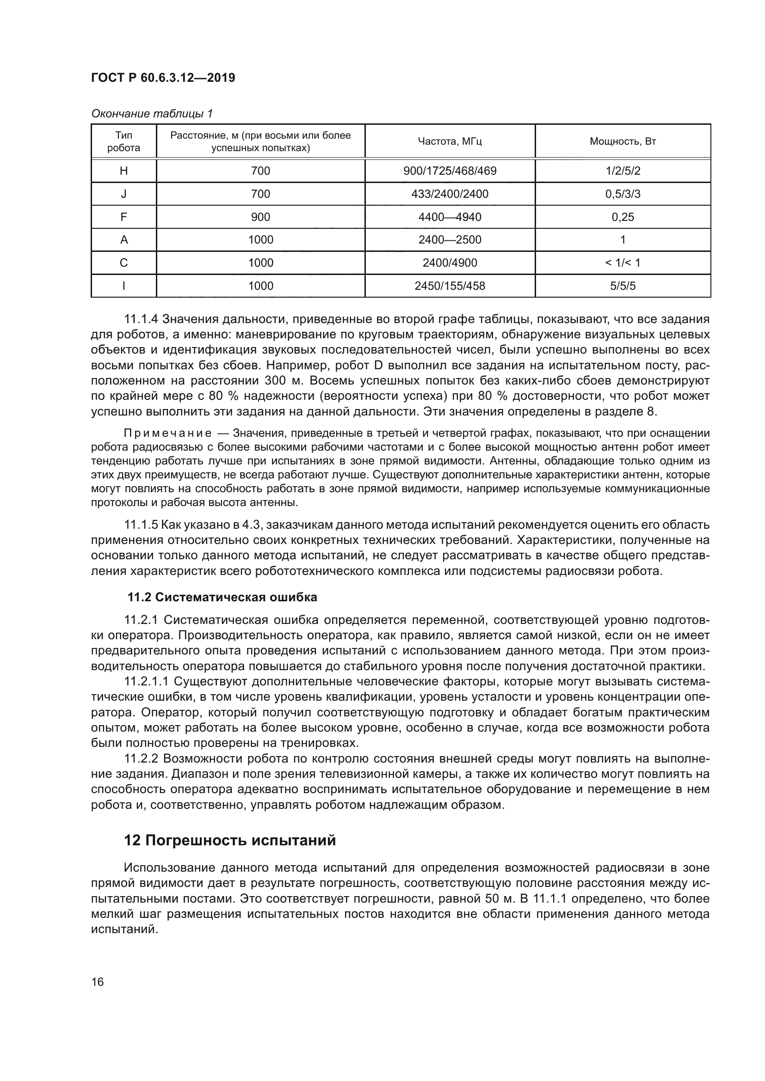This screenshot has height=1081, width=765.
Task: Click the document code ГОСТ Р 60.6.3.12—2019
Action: pos(163,78)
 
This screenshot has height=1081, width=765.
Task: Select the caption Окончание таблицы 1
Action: pos(152,114)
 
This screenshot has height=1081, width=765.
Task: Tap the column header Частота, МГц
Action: pos(450,141)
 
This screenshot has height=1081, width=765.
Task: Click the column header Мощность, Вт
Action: pos(623,141)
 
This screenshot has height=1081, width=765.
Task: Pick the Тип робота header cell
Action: pos(123,141)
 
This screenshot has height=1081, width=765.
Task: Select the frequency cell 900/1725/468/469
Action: pos(450,171)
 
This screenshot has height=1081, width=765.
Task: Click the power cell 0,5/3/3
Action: pos(623,194)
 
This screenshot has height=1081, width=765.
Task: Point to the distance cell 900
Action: pos(260,217)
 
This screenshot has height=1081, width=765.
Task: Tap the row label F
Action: pos(123,217)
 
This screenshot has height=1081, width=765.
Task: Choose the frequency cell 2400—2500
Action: pos(450,240)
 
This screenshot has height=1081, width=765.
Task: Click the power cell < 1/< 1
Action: pos(623,263)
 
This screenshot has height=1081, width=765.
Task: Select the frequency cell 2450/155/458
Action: pos(450,286)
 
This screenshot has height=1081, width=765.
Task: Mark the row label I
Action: pos(123,286)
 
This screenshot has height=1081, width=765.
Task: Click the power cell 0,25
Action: pos(623,217)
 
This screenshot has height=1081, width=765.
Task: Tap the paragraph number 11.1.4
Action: pos(141,319)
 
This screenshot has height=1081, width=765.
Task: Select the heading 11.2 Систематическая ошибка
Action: pos(222,598)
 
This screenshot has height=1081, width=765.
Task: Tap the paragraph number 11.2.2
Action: pos(141,759)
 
